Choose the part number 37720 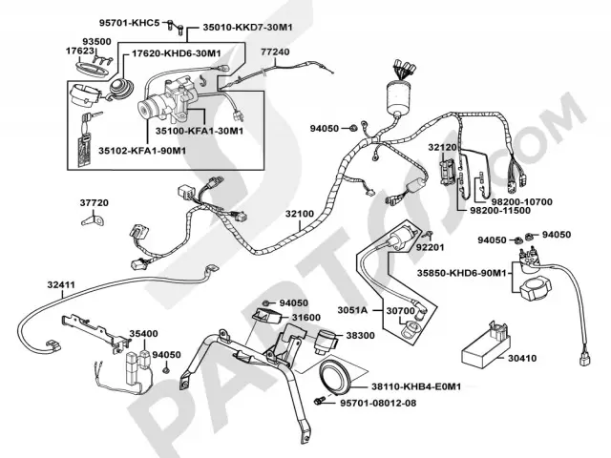[95, 202]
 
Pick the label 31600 [305, 317]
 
